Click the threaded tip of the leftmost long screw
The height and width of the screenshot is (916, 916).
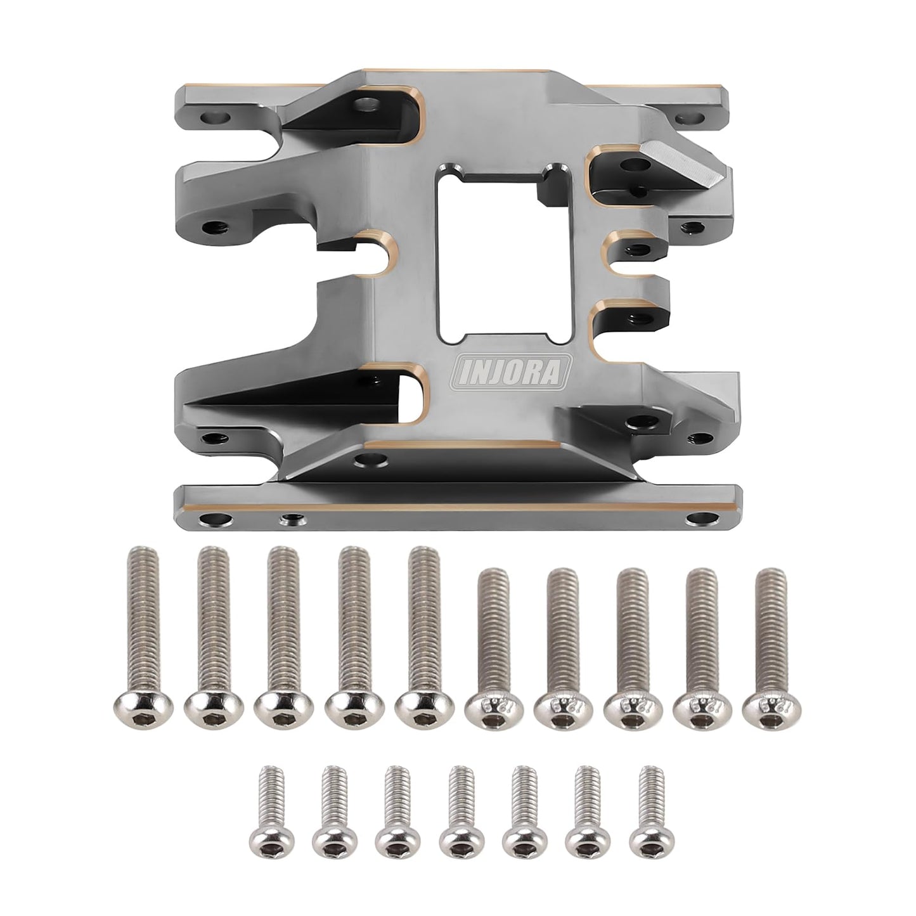click(x=143, y=555)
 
